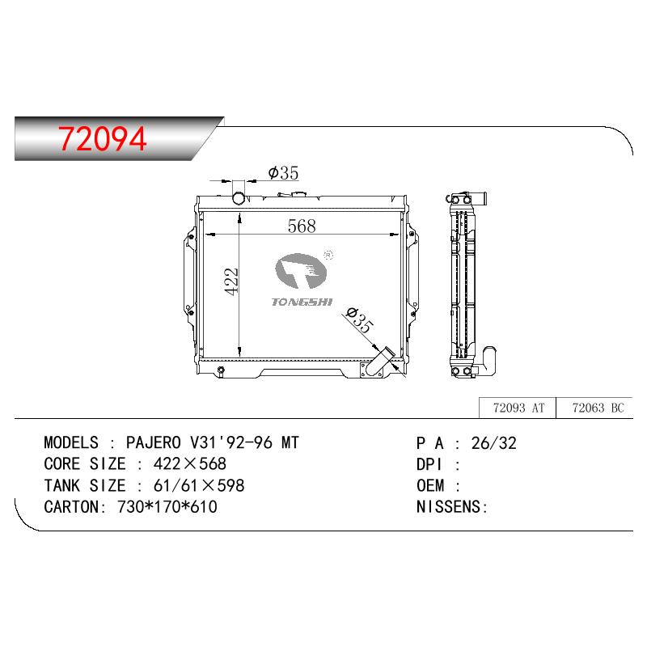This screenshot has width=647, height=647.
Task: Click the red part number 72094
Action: coord(102,138)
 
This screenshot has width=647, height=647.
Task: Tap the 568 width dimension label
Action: coord(302,226)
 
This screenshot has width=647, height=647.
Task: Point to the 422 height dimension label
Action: coord(231,281)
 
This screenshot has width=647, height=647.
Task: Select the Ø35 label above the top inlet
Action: coord(283,173)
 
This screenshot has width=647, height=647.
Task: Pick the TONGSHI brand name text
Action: coord(302,302)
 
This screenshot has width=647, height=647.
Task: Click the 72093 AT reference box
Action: coord(518,408)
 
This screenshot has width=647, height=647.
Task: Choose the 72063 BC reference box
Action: coord(594,408)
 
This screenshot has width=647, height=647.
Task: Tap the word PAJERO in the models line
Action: coord(154,442)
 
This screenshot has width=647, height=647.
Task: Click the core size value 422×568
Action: coord(190,463)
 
